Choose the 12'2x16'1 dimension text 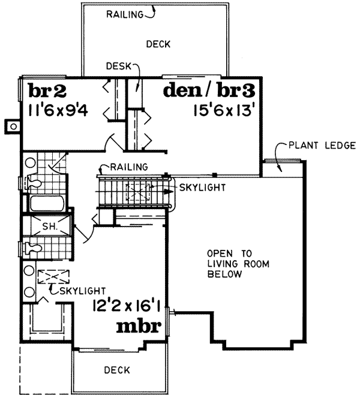click(x=127, y=306)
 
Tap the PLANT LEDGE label click(x=322, y=146)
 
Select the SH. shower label click(x=49, y=227)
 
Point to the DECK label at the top click(x=158, y=44)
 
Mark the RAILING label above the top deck click(x=124, y=13)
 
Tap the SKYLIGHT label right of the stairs click(x=203, y=188)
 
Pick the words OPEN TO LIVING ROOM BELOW click(x=224, y=263)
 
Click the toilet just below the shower click(x=32, y=246)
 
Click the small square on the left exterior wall click(x=11, y=126)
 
